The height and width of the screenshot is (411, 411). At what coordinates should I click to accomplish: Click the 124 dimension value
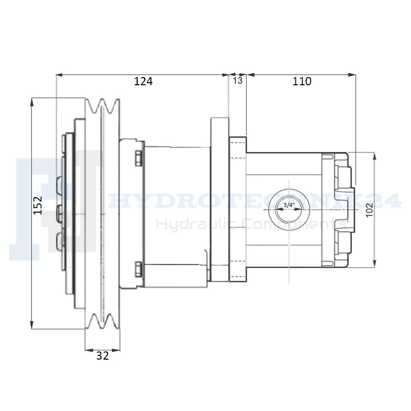tap(143, 81)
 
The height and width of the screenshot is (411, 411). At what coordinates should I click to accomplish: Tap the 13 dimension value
tap(238, 81)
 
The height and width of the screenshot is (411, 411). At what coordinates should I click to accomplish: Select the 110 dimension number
tap(302, 81)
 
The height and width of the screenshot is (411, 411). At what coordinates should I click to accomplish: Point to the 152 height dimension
tap(38, 205)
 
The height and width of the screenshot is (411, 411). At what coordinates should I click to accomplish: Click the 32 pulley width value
tap(102, 356)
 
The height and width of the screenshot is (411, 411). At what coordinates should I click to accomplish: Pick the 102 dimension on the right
tap(369, 210)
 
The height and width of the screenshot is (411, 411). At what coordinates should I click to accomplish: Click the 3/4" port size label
tap(289, 204)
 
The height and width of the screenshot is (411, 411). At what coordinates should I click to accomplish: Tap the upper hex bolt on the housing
tap(139, 158)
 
